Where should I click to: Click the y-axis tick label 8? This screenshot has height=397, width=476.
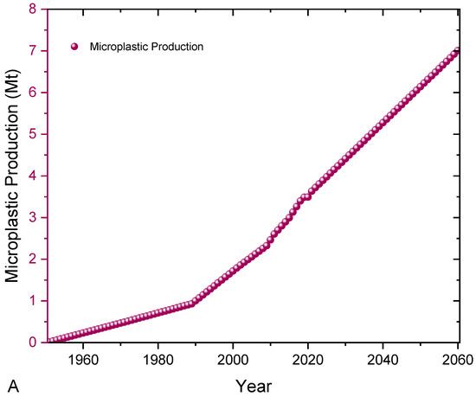pyautogui.click(x=33, y=10)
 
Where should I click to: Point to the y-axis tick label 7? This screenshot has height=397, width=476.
pyautogui.click(x=33, y=52)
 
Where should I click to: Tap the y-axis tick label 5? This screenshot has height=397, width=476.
pyautogui.click(x=33, y=135)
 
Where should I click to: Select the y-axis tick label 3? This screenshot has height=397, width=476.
pyautogui.click(x=33, y=218)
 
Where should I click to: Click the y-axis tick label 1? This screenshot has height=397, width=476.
pyautogui.click(x=33, y=301)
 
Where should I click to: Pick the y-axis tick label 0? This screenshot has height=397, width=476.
pyautogui.click(x=33, y=343)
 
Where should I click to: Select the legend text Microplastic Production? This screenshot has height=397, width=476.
pyautogui.click(x=146, y=47)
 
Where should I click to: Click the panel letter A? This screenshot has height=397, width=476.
pyautogui.click(x=12, y=384)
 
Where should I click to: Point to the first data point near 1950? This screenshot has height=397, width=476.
pyautogui.click(x=49, y=342)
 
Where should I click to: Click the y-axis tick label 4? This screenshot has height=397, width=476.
pyautogui.click(x=33, y=176)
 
